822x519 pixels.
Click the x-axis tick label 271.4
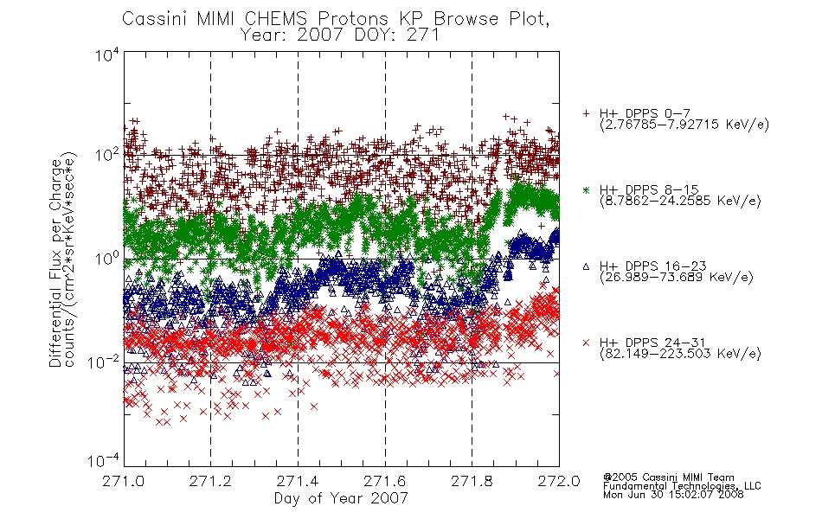[x=298, y=481]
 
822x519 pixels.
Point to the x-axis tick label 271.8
[x=472, y=481]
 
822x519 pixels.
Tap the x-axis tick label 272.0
[x=559, y=481]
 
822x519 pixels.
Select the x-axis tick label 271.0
[x=124, y=481]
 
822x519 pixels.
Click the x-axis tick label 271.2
[x=211, y=481]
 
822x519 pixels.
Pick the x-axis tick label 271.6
[x=385, y=481]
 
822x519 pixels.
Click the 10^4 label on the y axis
[x=107, y=54]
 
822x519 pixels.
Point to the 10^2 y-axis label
[x=107, y=155]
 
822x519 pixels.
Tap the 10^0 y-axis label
[x=107, y=259]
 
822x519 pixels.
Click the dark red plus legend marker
[x=586, y=113]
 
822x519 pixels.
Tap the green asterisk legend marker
[x=586, y=189]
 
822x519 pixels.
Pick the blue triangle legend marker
[x=586, y=266]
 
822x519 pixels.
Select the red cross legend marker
[x=586, y=343]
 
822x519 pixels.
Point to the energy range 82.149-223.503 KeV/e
[x=680, y=353]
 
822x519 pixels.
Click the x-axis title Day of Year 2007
[x=341, y=498]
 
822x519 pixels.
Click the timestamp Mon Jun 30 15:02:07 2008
[x=673, y=495]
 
